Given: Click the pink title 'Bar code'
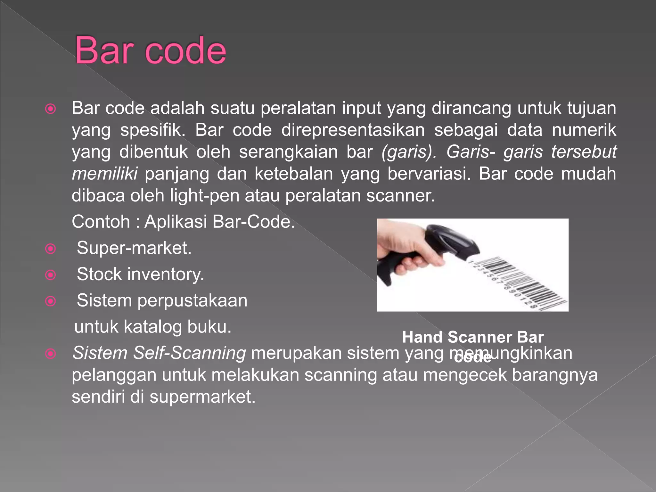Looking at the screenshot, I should point(151,50).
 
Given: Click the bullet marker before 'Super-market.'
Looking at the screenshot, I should point(51,249).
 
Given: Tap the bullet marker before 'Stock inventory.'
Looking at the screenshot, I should point(51,275).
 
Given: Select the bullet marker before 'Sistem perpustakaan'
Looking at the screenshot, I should point(51,301).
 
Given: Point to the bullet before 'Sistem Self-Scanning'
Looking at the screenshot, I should point(51,354).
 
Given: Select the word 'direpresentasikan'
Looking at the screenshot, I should point(353,130).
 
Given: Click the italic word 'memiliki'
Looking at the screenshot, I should point(105,174).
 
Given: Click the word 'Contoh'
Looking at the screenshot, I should point(101,222).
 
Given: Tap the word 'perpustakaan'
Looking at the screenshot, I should point(192,301).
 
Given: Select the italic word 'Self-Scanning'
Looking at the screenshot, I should point(189,353).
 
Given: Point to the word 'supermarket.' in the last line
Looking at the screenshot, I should point(202,397).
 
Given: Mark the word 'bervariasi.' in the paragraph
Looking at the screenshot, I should point(429,174).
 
